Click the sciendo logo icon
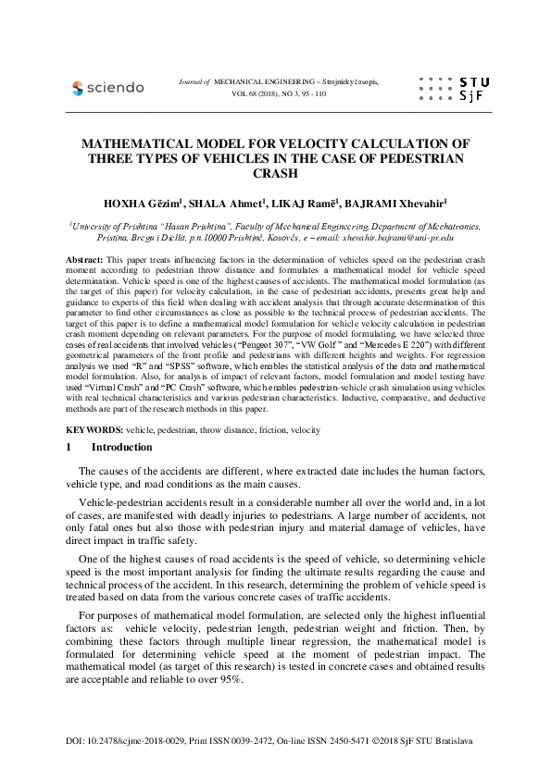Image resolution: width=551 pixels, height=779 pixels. [x=78, y=88]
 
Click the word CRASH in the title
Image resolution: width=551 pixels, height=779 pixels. [x=275, y=173]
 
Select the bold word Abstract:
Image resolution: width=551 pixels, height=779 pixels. [x=85, y=262]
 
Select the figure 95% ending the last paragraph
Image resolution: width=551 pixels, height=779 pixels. [x=232, y=680]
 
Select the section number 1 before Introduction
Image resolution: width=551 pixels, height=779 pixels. [x=69, y=448]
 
